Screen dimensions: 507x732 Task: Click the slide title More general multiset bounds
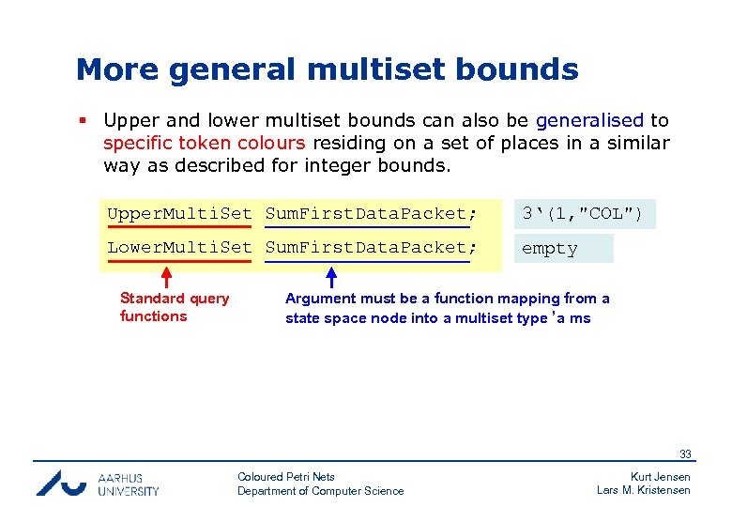click(327, 69)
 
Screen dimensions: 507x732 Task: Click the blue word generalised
click(589, 120)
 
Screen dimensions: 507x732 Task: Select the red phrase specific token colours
click(204, 143)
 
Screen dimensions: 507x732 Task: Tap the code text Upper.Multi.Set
click(179, 214)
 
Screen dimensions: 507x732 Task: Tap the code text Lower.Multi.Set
click(179, 248)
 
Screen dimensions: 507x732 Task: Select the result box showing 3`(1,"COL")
click(584, 214)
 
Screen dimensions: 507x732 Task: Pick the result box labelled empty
click(562, 249)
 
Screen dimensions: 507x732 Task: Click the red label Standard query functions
click(174, 307)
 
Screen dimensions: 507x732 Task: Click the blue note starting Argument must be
click(447, 308)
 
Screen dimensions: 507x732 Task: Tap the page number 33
click(685, 454)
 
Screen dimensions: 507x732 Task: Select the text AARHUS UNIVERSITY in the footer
click(129, 484)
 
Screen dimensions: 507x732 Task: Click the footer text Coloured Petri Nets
click(286, 477)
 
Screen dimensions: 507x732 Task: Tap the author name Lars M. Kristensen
click(643, 490)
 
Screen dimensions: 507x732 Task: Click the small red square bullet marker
click(83, 121)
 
